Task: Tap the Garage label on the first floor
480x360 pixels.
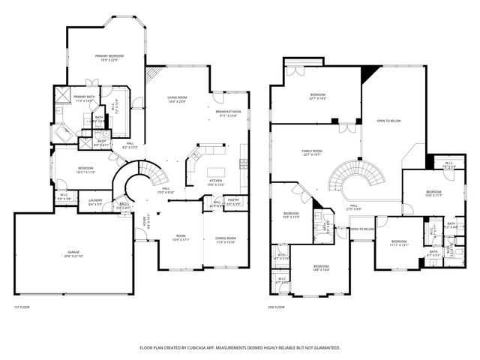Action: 73,255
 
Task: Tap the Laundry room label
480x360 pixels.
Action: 95,201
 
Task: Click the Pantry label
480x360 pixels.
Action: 233,200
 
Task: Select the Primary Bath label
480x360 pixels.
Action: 84,98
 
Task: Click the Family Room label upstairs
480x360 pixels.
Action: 312,152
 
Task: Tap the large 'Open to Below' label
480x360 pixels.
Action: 388,121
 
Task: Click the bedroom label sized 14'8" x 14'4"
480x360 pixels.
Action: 321,268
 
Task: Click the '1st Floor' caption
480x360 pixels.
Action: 22,307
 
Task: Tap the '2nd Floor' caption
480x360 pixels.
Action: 276,307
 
